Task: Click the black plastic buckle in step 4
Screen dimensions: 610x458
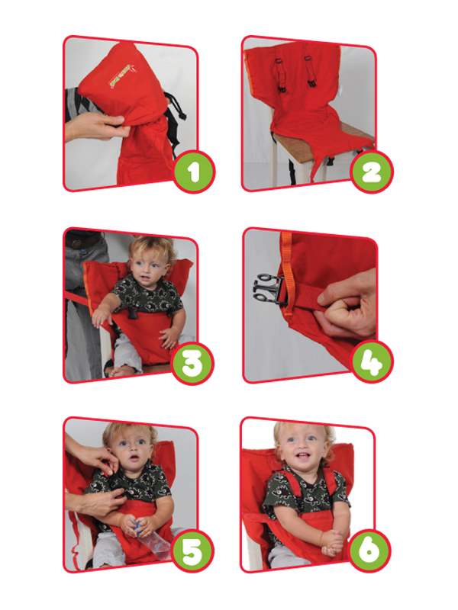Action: coord(269,289)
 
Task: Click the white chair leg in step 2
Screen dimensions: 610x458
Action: coord(273,168)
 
